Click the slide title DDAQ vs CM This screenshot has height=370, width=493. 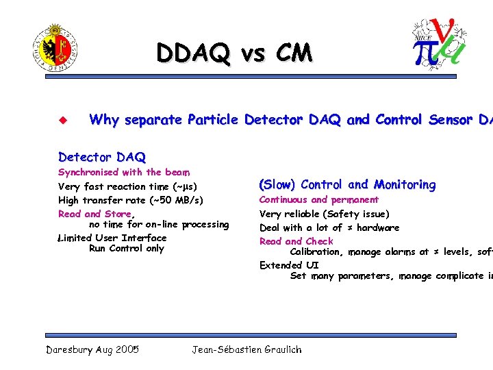pyautogui.click(x=233, y=53)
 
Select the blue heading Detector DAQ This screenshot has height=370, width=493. pyautogui.click(x=102, y=157)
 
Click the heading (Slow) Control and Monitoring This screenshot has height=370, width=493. pyautogui.click(x=347, y=184)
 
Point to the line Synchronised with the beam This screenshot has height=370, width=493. pyautogui.click(x=124, y=172)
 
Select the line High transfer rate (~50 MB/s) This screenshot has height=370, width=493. pyautogui.click(x=131, y=200)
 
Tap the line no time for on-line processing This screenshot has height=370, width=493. pyautogui.click(x=159, y=224)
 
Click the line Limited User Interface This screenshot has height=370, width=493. pyautogui.click(x=112, y=238)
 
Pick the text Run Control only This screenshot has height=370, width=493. pyautogui.click(x=127, y=248)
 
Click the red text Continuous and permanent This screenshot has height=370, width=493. pyautogui.click(x=318, y=199)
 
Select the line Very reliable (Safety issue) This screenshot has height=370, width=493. pyautogui.click(x=325, y=214)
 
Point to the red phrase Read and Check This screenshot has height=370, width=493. pyautogui.click(x=296, y=241)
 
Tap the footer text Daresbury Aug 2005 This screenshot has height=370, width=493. pyautogui.click(x=92, y=349)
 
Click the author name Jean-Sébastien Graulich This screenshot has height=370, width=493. pyautogui.click(x=246, y=349)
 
